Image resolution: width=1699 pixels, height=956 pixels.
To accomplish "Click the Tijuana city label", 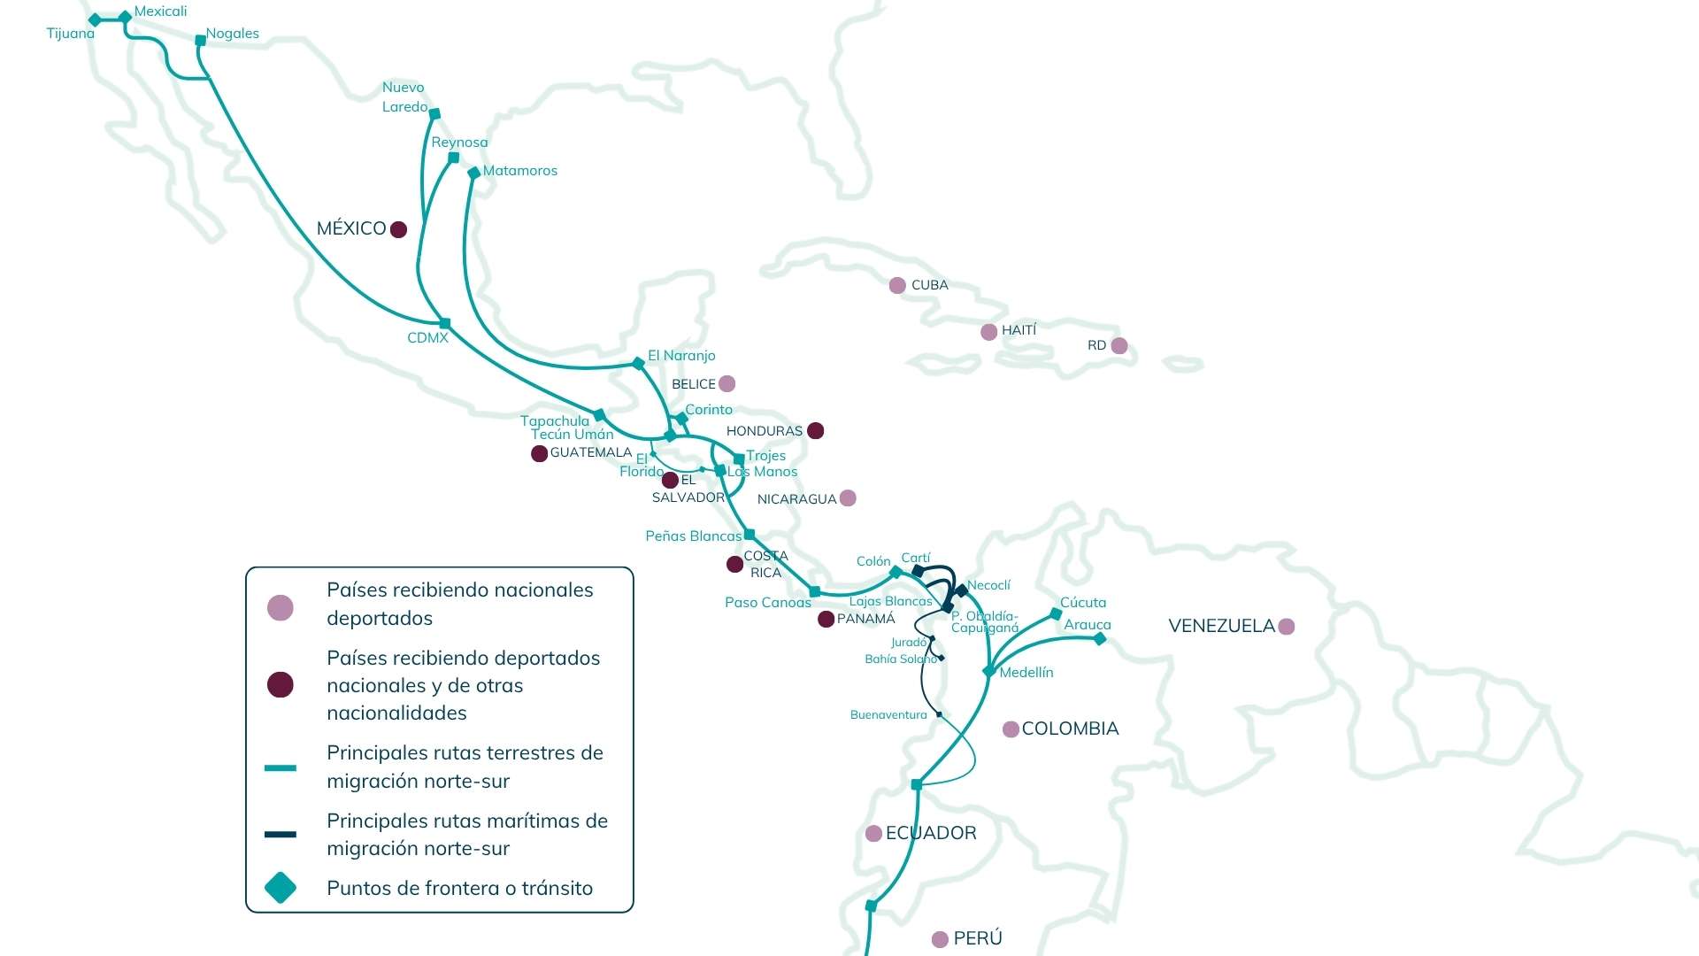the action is (x=71, y=34).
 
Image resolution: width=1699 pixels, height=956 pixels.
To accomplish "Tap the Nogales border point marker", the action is (x=200, y=40).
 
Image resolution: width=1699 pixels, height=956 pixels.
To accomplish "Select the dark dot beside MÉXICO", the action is (x=399, y=229).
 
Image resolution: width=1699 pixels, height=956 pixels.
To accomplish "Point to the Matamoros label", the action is (x=520, y=171).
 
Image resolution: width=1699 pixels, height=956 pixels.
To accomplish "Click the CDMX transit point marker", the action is (x=445, y=323).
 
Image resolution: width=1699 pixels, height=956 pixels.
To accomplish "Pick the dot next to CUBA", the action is (x=897, y=285).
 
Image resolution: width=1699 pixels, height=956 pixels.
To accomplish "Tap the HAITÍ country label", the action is (x=1019, y=330).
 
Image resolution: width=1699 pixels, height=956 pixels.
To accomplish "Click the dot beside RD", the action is (x=1119, y=345).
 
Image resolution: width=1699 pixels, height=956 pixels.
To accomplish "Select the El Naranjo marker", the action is (x=638, y=363).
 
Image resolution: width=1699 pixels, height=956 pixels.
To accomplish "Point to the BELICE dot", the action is (x=727, y=383).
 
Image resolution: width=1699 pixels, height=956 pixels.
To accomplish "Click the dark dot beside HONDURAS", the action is (x=816, y=430).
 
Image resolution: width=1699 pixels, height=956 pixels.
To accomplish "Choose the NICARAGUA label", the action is (x=796, y=499).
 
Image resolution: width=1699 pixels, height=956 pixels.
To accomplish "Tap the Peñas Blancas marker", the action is (x=750, y=535).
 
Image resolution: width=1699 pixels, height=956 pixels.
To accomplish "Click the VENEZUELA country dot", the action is (x=1287, y=627).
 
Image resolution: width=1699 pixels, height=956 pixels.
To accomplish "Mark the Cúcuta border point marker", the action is (x=1056, y=613).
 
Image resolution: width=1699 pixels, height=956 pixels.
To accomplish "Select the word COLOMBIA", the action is (x=1071, y=729).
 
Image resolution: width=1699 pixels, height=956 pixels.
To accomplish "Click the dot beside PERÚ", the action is (x=941, y=939).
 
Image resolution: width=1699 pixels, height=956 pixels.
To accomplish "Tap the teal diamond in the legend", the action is (x=281, y=888).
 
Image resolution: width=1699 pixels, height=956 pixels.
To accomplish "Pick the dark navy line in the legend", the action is (x=281, y=834).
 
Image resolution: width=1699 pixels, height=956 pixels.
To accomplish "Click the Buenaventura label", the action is (x=888, y=715).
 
